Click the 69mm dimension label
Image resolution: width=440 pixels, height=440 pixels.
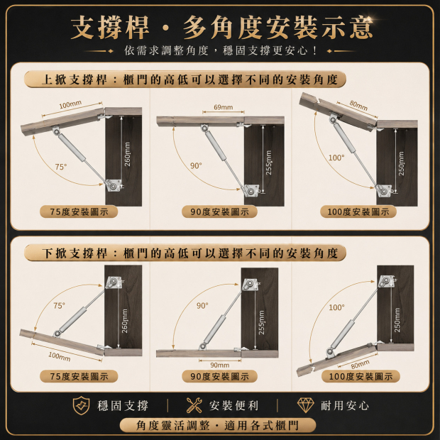point(224,107)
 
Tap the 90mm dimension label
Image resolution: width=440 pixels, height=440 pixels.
point(220,365)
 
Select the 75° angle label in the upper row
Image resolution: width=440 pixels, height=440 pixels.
point(61,167)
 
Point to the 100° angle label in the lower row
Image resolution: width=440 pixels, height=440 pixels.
point(336,307)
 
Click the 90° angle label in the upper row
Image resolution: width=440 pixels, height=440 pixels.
point(196,166)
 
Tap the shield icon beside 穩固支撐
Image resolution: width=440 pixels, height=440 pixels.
point(81,405)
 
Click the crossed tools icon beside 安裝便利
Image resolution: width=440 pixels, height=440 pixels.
point(194,405)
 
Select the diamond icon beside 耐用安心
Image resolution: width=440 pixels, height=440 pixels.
point(306,405)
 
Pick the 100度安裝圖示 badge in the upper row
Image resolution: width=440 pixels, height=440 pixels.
point(358,211)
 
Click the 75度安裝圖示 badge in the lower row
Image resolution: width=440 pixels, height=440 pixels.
point(79,376)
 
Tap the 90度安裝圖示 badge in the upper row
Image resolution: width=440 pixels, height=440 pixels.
point(219,211)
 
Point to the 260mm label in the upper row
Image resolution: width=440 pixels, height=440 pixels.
point(128,154)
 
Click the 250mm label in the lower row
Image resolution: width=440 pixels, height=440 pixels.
point(397,320)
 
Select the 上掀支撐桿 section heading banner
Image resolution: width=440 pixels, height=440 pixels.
point(185,79)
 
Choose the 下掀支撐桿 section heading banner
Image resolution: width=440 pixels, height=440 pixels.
point(185,253)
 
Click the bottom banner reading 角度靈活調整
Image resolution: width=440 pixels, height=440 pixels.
point(218,425)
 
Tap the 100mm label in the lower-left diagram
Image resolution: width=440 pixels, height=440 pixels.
point(60,357)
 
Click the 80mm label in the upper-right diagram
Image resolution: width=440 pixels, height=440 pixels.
point(358,105)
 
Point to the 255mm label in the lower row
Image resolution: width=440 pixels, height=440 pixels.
point(262,322)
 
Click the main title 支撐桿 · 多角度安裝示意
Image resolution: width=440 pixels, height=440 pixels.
point(221,28)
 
